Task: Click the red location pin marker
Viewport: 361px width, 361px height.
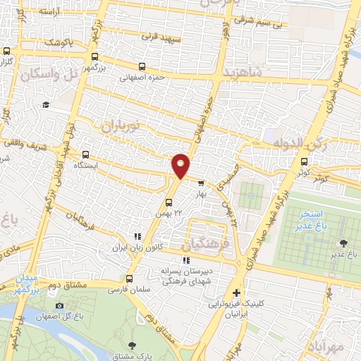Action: click(x=181, y=166)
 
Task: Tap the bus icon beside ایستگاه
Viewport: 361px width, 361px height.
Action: click(x=87, y=154)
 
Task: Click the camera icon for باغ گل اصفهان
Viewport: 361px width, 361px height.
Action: click(x=59, y=305)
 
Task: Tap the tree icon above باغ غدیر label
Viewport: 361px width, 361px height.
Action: click(x=343, y=243)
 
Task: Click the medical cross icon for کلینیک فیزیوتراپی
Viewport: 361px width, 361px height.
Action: click(x=237, y=293)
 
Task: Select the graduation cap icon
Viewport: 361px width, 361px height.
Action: click(x=45, y=104)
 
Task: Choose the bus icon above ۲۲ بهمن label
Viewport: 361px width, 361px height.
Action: click(x=167, y=204)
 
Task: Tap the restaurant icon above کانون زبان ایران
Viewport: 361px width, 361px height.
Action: click(x=137, y=238)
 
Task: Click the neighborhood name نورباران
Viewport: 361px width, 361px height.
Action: click(x=112, y=128)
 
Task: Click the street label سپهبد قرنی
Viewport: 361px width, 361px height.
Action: click(x=161, y=35)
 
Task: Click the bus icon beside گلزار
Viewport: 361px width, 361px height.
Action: click(x=7, y=51)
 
